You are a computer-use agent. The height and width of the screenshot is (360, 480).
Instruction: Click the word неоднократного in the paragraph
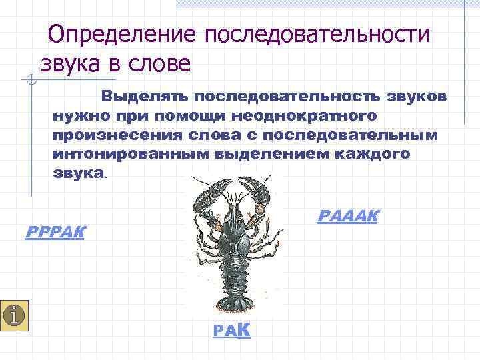[x=305, y=116]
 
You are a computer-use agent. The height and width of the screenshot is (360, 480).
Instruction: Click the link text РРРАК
[x=54, y=233]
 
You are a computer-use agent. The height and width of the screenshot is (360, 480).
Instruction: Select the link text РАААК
[x=348, y=216]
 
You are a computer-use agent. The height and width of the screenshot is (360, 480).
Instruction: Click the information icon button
[x=15, y=313]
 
